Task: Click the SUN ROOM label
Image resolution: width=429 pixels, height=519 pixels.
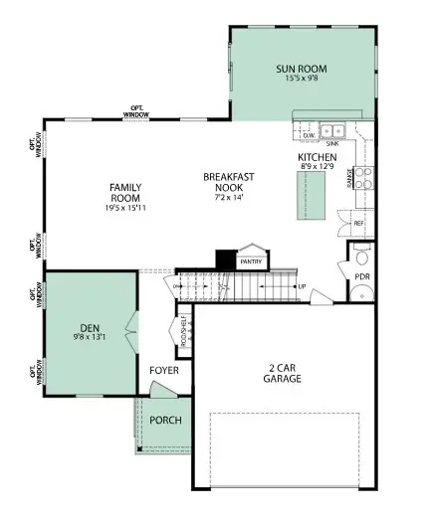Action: pos(301,69)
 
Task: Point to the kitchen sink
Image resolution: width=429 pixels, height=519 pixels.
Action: pos(332,130)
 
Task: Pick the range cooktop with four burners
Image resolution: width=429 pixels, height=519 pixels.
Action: pos(363,178)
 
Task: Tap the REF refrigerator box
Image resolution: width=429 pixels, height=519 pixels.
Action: pos(358,224)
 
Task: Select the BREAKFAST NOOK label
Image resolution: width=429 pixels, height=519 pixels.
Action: pos(229,183)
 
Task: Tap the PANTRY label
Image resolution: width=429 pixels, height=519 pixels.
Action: pos(253,261)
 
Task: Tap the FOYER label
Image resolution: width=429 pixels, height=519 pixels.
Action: pos(163,371)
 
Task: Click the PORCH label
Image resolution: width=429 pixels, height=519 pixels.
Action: pos(165,420)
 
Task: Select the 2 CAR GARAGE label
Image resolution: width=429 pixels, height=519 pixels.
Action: pos(282,372)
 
